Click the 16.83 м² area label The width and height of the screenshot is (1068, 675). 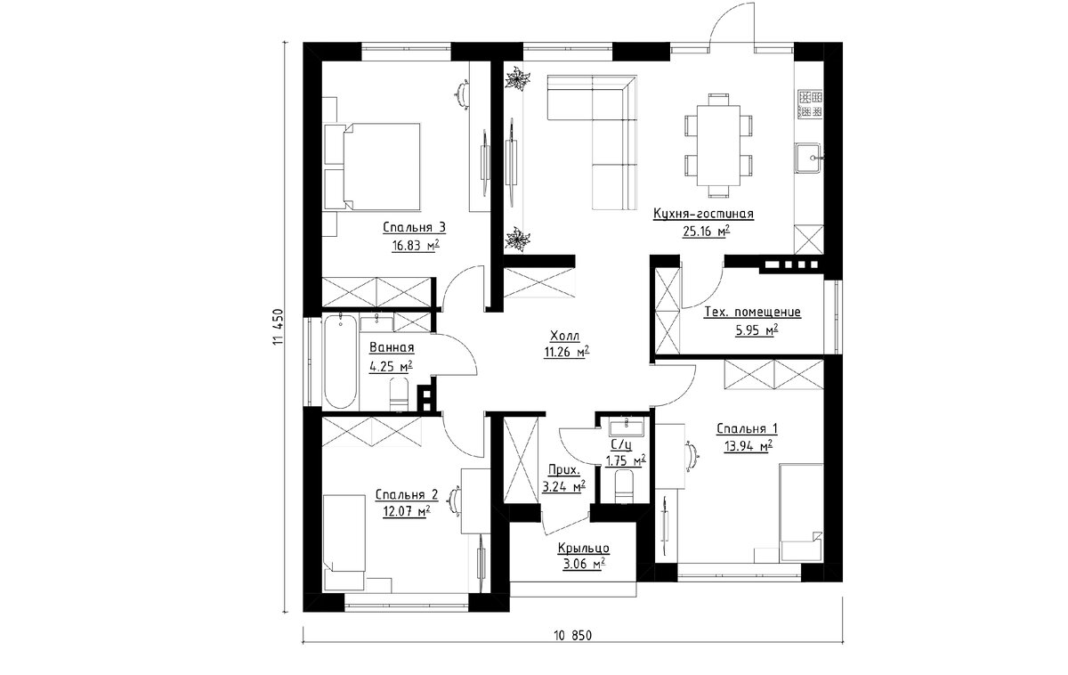[x=416, y=246]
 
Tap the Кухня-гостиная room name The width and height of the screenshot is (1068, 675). [x=703, y=214]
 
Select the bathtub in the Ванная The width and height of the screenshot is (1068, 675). [x=340, y=362]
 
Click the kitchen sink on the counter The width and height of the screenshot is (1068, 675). [x=808, y=157]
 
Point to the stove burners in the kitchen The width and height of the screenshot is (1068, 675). [x=811, y=104]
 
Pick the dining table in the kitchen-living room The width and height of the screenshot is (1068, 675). [x=718, y=145]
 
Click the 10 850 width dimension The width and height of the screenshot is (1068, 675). [x=572, y=636]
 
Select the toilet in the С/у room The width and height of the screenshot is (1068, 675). [x=624, y=486]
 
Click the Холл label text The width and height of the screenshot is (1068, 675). [x=565, y=336]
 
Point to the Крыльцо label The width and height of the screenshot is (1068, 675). [x=584, y=549]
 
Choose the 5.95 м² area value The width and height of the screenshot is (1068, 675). [x=756, y=330]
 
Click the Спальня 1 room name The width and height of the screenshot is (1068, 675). [x=747, y=429]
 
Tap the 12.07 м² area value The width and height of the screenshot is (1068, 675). [x=407, y=511]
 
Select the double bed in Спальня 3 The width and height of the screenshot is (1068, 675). [x=372, y=167]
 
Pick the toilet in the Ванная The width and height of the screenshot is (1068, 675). [x=399, y=393]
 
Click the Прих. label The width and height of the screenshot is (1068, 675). [x=564, y=470]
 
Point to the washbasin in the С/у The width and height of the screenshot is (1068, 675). [x=626, y=426]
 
